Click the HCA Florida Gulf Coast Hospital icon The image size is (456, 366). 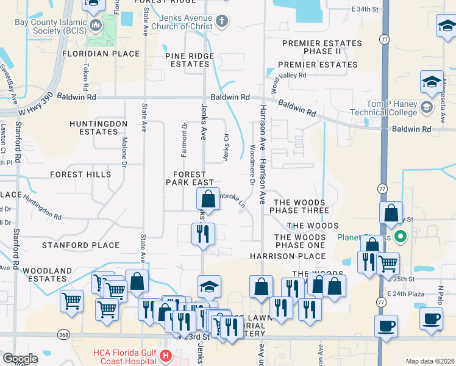[163, 356]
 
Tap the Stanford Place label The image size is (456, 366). [80, 245]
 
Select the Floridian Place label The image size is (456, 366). [101, 54]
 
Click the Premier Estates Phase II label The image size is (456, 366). [322, 48]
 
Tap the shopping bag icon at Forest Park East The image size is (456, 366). [208, 199]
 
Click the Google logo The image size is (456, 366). [20, 358]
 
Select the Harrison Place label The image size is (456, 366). [299, 256]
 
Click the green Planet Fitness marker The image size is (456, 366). [400, 236]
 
